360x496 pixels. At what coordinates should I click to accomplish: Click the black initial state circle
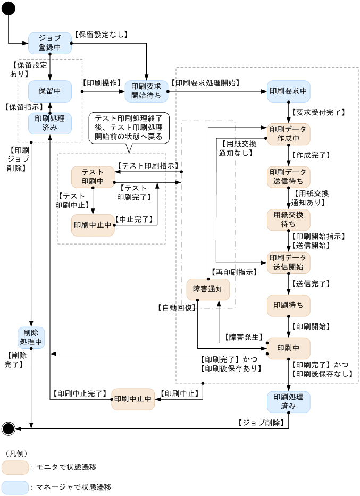9,9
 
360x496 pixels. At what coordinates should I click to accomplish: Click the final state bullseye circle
9,428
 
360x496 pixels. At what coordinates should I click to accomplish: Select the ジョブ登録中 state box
49,43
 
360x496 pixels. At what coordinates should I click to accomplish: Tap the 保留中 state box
49,91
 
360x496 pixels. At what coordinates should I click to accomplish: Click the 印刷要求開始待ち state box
146,91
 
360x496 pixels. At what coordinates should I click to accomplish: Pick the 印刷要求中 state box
288,91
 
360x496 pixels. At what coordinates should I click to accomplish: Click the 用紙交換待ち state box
288,220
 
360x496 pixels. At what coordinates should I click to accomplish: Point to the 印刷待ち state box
288,305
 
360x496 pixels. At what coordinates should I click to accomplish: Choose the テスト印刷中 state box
93,177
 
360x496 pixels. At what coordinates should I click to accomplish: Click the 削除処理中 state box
31,337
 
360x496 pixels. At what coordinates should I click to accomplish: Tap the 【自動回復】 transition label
177,307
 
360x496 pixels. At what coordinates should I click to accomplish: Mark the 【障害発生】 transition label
244,337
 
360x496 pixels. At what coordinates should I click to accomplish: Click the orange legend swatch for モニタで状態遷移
15,467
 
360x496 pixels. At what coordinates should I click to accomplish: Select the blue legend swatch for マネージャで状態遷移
15,487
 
